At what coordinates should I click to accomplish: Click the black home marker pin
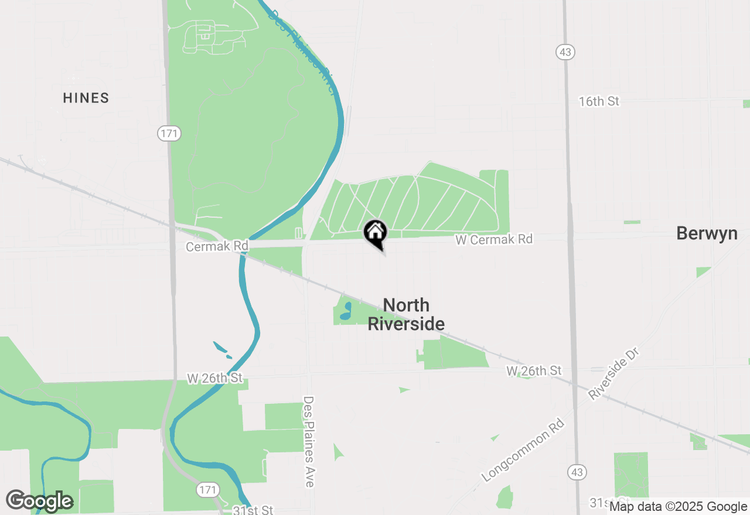tap(376, 233)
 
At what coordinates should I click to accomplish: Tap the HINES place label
tap(86, 98)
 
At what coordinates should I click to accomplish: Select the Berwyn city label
tap(707, 233)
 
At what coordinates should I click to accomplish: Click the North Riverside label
tap(406, 314)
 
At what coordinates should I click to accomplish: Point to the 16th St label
tap(599, 101)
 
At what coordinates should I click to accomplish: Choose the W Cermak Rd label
tap(495, 239)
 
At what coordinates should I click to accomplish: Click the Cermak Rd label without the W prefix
tap(217, 246)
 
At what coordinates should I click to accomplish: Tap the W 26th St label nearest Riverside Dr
tap(534, 370)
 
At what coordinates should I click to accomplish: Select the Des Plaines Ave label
tap(309, 441)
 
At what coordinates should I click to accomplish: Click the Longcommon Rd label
tap(524, 450)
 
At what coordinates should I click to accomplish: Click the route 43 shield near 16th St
tap(565, 52)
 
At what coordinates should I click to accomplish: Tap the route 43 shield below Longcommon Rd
tap(577, 472)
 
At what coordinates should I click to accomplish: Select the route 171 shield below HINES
tap(169, 134)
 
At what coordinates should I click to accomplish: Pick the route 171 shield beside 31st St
tap(208, 489)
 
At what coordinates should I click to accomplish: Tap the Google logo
tap(39, 501)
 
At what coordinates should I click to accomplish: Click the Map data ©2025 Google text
tap(678, 507)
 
